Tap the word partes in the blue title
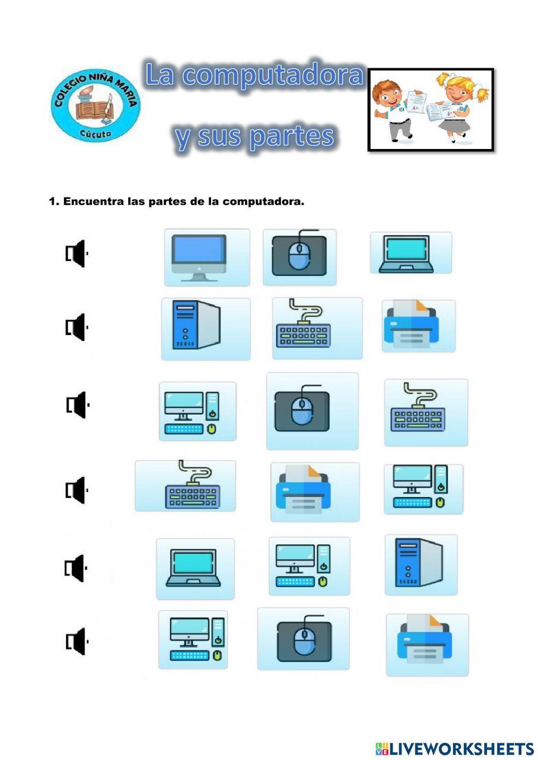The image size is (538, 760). click(x=291, y=137)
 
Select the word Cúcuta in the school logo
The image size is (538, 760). click(x=96, y=133)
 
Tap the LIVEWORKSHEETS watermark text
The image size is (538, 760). click(x=461, y=748)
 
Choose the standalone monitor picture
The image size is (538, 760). click(x=207, y=257)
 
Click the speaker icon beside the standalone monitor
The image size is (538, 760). click(x=76, y=253)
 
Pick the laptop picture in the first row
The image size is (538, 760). click(x=410, y=253)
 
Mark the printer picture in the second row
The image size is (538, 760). click(x=419, y=326)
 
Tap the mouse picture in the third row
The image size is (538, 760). click(x=312, y=411)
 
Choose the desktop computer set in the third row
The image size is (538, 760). click(x=197, y=411)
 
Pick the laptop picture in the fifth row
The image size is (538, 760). click(x=195, y=568)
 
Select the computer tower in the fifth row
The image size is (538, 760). click(x=421, y=565)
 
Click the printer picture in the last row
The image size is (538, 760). click(x=427, y=644)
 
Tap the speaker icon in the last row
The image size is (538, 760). click(x=76, y=641)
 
